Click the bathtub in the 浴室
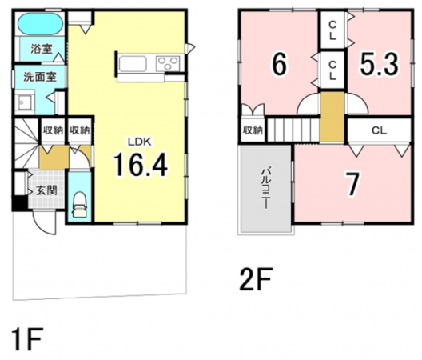(x=41, y=24)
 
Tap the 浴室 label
(x=42, y=49)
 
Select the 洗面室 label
(x=40, y=77)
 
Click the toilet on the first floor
(x=79, y=204)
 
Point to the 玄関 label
(x=46, y=190)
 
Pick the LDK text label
(x=140, y=142)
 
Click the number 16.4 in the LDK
(x=141, y=164)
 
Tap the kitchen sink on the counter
(x=133, y=63)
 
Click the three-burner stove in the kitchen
(x=168, y=63)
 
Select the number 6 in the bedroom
(x=280, y=64)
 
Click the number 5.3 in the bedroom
(x=379, y=64)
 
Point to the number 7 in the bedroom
(x=352, y=185)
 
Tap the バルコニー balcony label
(x=266, y=188)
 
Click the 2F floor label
(x=257, y=279)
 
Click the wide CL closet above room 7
(x=379, y=130)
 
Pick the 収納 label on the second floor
(x=253, y=130)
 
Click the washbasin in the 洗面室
(x=25, y=102)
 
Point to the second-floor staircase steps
(x=293, y=129)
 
